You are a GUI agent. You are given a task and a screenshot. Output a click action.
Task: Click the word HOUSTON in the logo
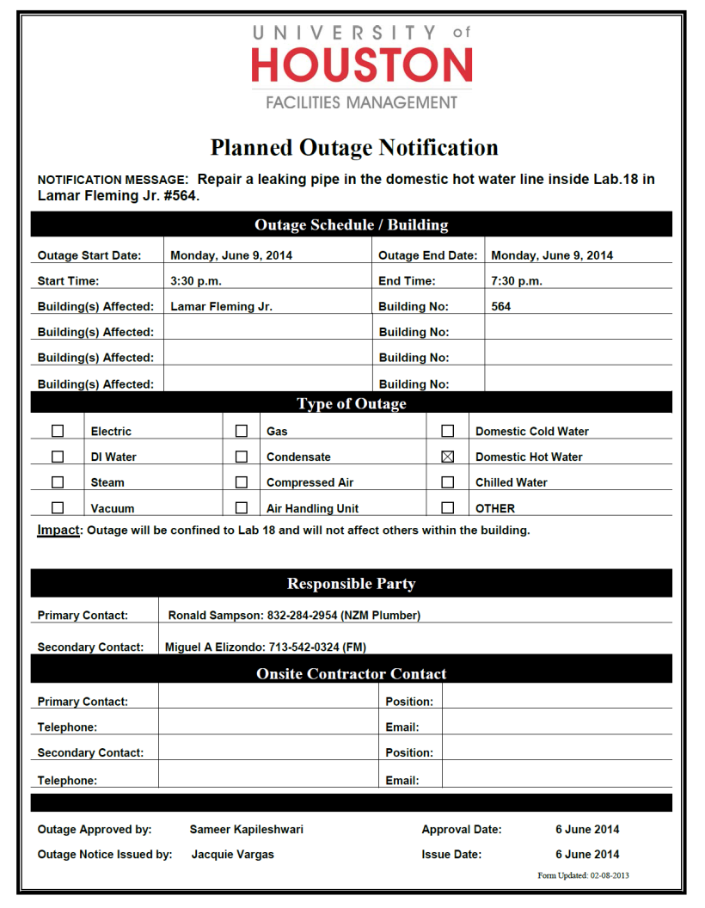[x=362, y=64]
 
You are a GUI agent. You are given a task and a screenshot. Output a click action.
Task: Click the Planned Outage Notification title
[x=354, y=148]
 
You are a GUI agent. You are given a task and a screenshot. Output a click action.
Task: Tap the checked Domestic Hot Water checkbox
[x=448, y=457]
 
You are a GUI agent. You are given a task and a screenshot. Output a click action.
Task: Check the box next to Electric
[x=58, y=431]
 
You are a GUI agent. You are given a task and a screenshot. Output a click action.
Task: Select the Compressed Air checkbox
[x=242, y=482]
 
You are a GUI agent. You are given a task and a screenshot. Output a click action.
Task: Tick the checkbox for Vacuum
[x=58, y=507]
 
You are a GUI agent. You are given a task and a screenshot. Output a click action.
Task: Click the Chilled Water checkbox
[x=448, y=482]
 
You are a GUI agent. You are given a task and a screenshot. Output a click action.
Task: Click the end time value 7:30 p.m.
[x=516, y=281]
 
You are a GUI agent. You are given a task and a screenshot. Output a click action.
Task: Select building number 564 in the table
[x=501, y=306]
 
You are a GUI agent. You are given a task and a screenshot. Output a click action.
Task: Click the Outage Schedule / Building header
[x=352, y=225]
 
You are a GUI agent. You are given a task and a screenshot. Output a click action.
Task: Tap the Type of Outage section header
[x=352, y=403]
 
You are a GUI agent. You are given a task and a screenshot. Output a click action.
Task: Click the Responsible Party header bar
[x=352, y=584]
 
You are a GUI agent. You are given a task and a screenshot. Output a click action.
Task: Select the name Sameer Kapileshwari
[x=246, y=830]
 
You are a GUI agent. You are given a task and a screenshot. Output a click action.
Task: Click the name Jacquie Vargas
[x=233, y=855]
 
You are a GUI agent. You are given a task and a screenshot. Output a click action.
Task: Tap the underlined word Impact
[x=58, y=530]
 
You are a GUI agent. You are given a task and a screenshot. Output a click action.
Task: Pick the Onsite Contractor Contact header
[x=352, y=674]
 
